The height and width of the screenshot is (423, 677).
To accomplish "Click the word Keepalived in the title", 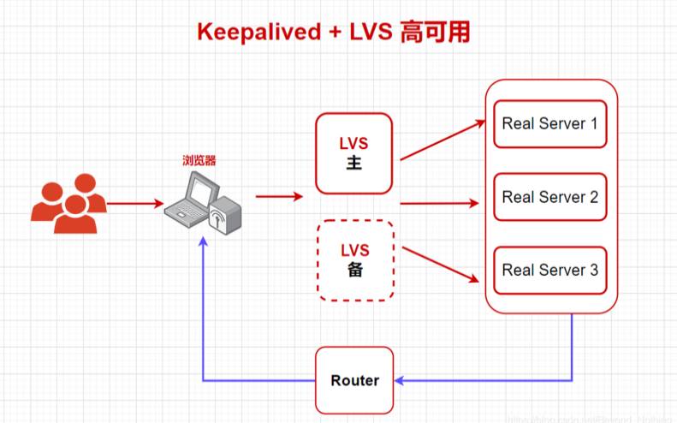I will click(x=258, y=33).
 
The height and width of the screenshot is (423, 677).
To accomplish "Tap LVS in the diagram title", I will click(x=368, y=33).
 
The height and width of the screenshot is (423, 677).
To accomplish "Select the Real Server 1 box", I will click(x=549, y=123).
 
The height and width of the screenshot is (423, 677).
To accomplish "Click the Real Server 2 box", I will click(x=549, y=197).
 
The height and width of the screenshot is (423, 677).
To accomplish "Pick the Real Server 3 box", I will click(x=549, y=270).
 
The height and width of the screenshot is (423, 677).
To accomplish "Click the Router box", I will click(x=354, y=380).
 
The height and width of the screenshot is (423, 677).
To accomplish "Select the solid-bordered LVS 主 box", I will click(x=354, y=153).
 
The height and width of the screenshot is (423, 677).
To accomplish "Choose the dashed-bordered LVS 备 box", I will click(x=354, y=260).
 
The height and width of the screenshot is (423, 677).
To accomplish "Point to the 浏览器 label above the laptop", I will click(x=199, y=160).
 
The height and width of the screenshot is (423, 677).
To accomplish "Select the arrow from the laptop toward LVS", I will click(x=279, y=196).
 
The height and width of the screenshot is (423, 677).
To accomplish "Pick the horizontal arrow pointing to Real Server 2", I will click(x=438, y=204).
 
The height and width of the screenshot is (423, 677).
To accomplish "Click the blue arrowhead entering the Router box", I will click(x=401, y=380).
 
